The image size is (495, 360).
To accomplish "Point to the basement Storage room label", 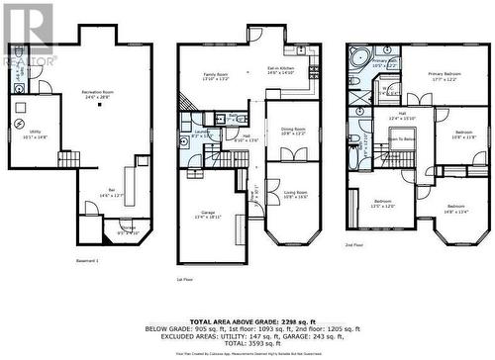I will point(129,229).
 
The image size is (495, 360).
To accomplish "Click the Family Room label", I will point(216,77).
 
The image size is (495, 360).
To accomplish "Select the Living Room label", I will point(296,195).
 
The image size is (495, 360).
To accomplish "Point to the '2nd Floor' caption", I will point(353,244).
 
